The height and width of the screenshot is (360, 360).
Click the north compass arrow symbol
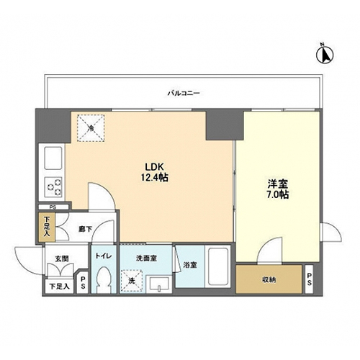tap(325, 55)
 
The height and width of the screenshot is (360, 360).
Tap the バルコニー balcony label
tap(184, 93)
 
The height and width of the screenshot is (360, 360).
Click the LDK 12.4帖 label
tap(154, 172)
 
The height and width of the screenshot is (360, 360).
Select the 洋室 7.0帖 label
tap(278, 189)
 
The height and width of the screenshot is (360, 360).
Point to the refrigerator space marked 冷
tap(91, 128)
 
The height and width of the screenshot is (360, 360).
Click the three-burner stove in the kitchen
tap(54, 187)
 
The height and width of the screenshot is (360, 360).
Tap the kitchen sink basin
tap(53, 158)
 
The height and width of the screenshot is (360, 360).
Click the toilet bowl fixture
tap(104, 279)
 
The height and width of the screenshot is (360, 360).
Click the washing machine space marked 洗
tap(132, 281)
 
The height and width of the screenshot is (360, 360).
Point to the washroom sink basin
tap(159, 284)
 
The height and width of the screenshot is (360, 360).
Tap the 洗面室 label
tap(146, 258)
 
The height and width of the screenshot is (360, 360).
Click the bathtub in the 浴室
tap(218, 266)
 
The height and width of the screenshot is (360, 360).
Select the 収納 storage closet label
tap(269, 279)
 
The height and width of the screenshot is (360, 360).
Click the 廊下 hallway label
tap(85, 229)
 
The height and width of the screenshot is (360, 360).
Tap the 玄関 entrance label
tap(62, 258)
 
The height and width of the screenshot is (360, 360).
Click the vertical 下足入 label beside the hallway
tap(47, 227)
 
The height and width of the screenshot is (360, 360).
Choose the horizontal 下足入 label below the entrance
tap(60, 287)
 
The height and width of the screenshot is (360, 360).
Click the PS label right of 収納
tap(309, 279)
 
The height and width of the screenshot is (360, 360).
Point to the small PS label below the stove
tap(53, 207)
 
